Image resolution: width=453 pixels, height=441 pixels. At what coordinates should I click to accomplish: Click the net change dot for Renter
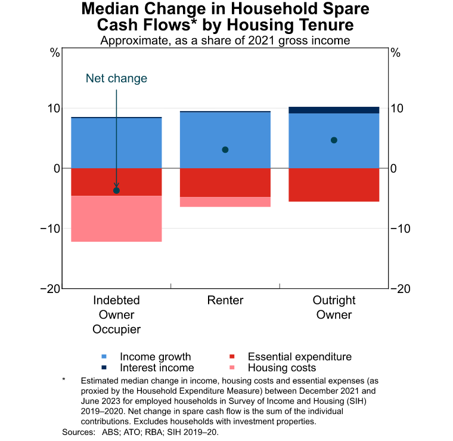(225, 150)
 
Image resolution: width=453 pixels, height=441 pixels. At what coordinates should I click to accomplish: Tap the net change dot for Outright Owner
(334, 140)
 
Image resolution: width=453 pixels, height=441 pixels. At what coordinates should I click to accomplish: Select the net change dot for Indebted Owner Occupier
(116, 190)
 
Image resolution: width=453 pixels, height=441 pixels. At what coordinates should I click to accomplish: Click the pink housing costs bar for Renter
(225, 202)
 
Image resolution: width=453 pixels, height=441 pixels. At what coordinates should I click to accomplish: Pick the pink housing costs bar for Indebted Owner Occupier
(116, 218)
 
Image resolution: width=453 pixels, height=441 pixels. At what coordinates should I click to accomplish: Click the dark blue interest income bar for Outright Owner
(334, 110)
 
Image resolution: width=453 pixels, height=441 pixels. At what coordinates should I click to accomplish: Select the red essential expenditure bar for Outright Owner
(334, 185)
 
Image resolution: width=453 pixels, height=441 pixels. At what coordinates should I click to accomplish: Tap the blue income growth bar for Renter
(225, 140)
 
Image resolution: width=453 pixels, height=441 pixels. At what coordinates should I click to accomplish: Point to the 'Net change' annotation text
(116, 79)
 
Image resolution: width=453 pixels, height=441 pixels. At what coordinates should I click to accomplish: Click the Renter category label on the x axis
(225, 300)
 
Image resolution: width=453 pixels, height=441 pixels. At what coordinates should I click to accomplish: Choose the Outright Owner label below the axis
(334, 307)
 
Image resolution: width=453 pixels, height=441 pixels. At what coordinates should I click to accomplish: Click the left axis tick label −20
(50, 289)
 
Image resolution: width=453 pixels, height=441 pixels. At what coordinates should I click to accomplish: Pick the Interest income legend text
(157, 368)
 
